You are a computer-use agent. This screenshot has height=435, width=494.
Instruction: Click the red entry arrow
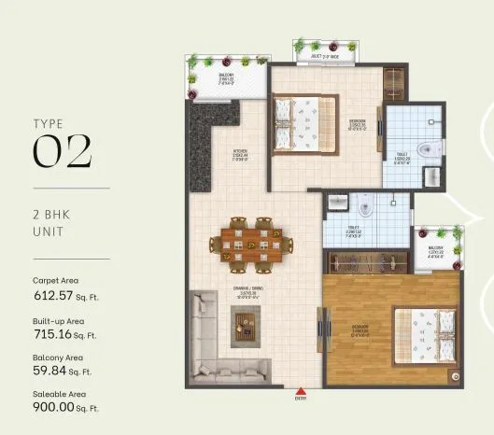(300, 393)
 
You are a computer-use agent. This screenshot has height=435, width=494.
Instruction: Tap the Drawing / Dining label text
(248, 291)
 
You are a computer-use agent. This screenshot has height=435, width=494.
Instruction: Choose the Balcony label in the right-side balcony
(434, 251)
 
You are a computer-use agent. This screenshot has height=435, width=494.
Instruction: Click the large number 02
(63, 152)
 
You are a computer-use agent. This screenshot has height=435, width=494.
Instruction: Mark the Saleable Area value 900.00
(53, 408)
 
